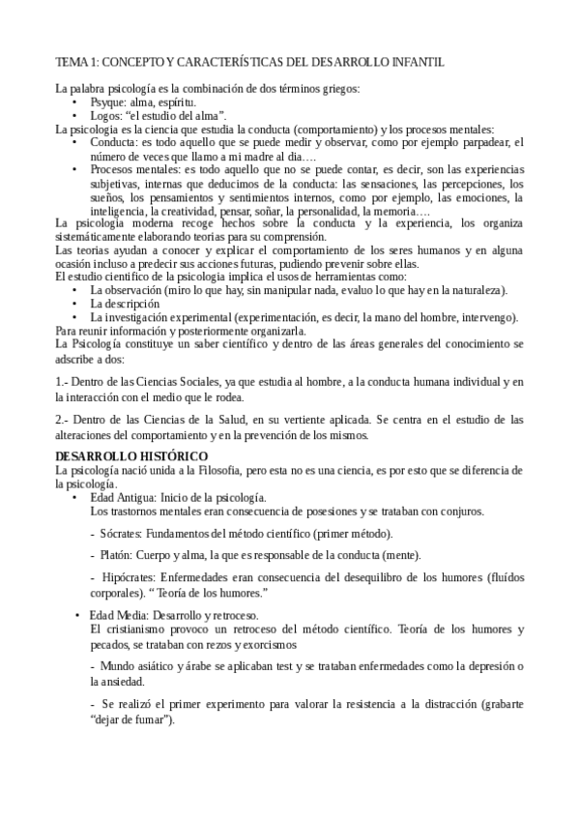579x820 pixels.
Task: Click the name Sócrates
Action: (x=123, y=533)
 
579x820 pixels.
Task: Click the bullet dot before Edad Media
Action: (x=77, y=616)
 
